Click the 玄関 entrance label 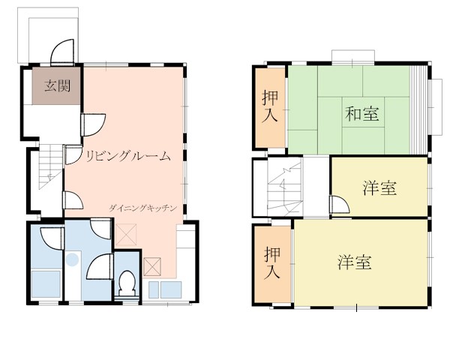[x=58, y=85]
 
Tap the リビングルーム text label [x=128, y=156]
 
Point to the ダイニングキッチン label [x=142, y=208]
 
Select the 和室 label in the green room [x=362, y=113]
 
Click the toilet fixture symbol [x=127, y=283]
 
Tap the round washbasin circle [x=72, y=259]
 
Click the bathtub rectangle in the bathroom [x=46, y=283]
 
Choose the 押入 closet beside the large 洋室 [x=272, y=263]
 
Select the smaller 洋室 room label [x=379, y=188]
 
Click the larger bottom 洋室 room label [x=355, y=262]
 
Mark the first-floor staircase [x=51, y=166]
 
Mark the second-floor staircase [x=285, y=187]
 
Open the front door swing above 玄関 [x=62, y=52]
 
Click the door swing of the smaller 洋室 [x=339, y=205]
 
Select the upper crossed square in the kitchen [x=126, y=235]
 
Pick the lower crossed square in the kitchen [x=152, y=267]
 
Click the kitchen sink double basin [x=165, y=289]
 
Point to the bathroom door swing [x=52, y=238]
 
